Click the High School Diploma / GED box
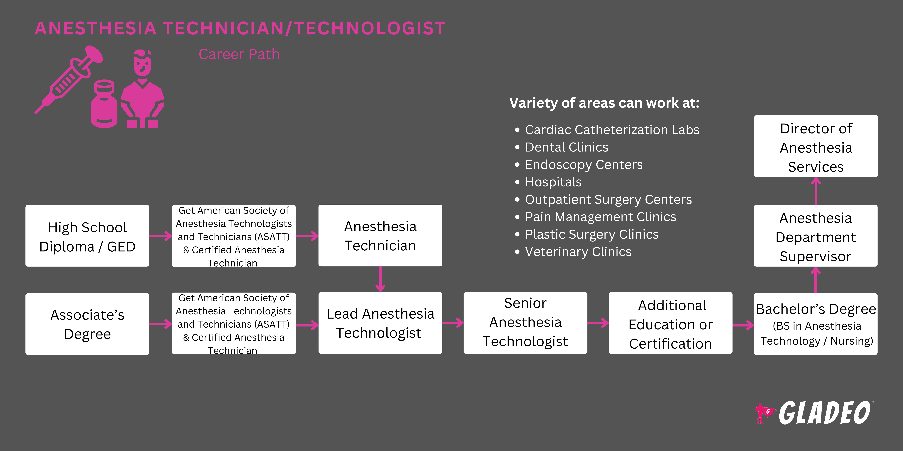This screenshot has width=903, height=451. [87, 236]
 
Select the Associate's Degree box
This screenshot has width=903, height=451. [87, 324]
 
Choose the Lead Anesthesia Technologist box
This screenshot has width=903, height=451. [380, 323]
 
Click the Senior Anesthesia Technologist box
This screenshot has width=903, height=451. [525, 323]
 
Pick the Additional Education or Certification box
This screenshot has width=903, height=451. [671, 323]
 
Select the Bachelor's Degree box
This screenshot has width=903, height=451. [816, 324]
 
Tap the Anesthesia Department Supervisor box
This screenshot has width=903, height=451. [816, 236]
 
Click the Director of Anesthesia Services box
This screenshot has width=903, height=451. [816, 146]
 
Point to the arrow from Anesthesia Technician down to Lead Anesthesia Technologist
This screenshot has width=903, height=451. [380, 279]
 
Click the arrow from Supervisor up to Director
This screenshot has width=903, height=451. [816, 191]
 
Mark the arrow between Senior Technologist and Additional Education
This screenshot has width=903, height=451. [598, 323]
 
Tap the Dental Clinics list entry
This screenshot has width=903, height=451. [562, 147]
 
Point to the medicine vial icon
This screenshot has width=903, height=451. [104, 104]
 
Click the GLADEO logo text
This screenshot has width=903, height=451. [824, 413]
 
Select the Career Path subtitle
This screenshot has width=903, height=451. [239, 54]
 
